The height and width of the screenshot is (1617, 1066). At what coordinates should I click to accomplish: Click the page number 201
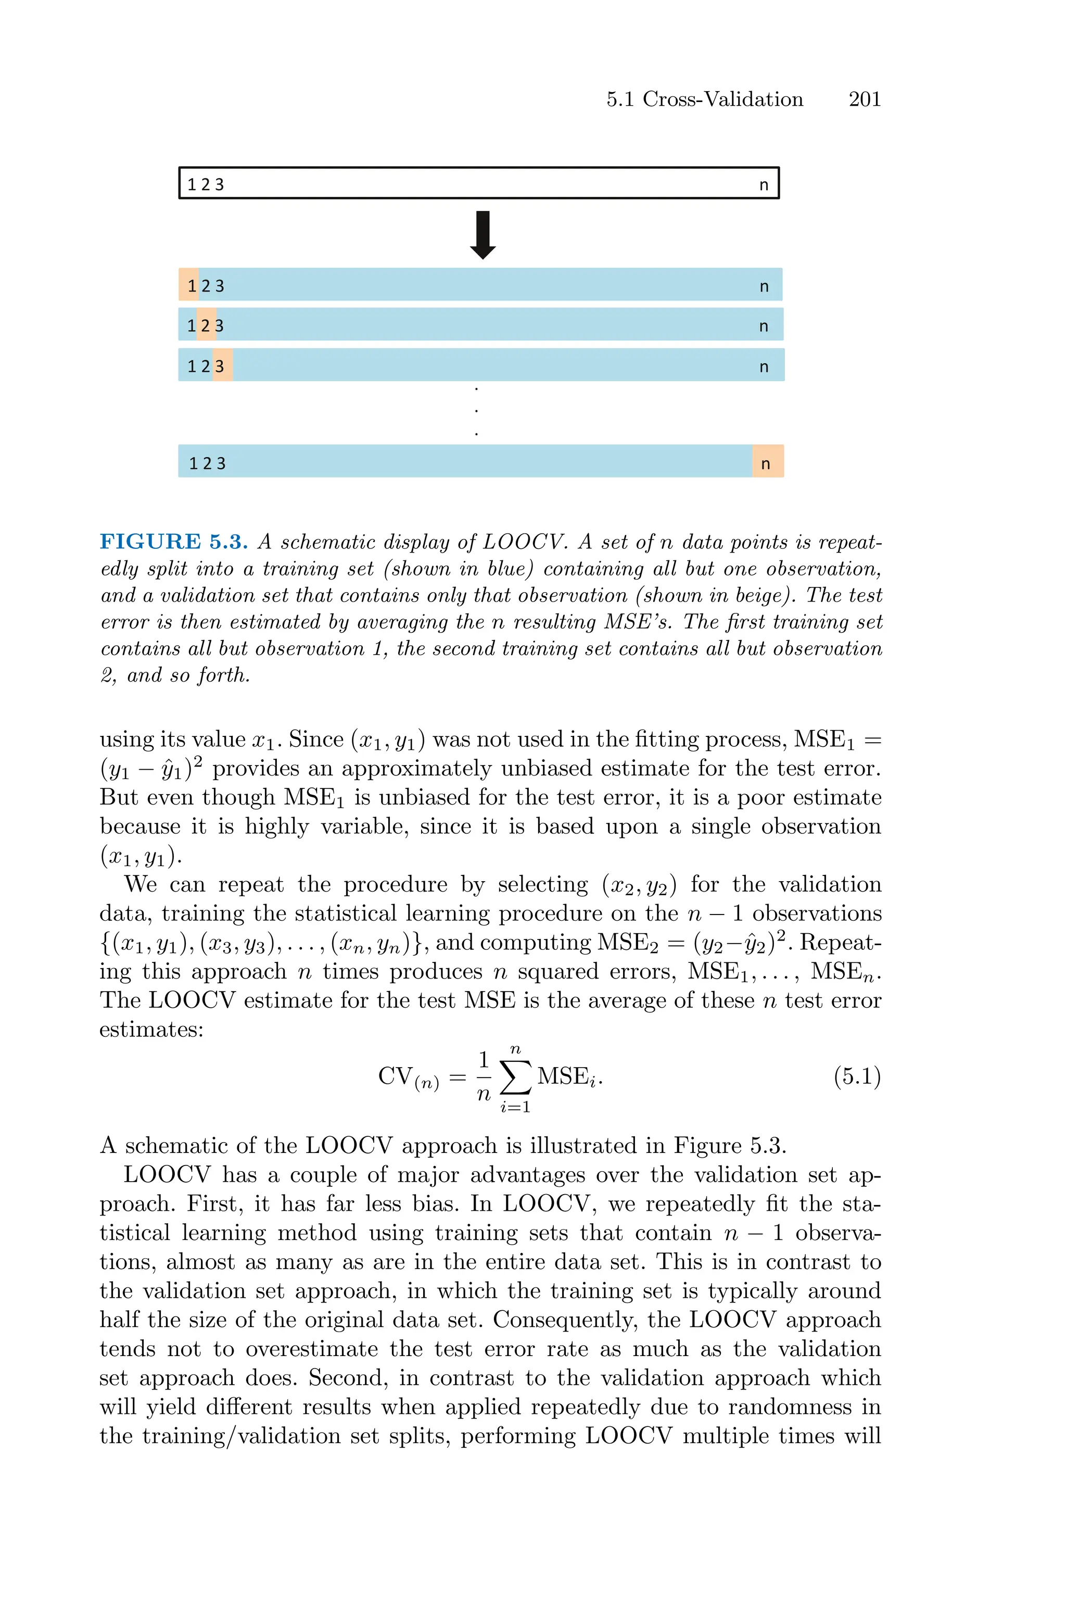[x=864, y=99]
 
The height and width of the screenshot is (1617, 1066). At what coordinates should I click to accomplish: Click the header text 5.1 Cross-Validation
[x=704, y=99]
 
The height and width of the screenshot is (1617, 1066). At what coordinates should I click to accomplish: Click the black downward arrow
[x=483, y=234]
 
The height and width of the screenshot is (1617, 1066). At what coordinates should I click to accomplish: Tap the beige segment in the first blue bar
[x=188, y=285]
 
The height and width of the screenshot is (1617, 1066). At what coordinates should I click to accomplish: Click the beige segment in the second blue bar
[x=207, y=325]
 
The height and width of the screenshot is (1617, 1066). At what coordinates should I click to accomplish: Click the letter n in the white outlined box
[x=764, y=184]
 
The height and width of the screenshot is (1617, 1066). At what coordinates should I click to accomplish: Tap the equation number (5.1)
[x=857, y=1076]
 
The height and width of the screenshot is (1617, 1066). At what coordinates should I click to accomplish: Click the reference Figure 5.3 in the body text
[x=729, y=1146]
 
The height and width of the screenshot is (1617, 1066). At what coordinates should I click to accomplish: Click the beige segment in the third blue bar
[x=223, y=365]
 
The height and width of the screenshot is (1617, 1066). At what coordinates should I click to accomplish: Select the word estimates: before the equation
[x=151, y=1030]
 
